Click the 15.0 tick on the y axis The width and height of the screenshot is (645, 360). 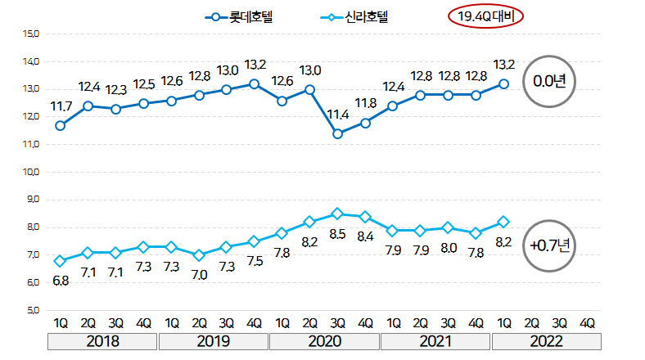pyautogui.click(x=32, y=34)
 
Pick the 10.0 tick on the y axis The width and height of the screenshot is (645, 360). pyautogui.click(x=32, y=172)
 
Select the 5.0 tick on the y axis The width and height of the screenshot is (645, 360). pyautogui.click(x=32, y=310)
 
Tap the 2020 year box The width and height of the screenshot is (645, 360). pyautogui.click(x=324, y=340)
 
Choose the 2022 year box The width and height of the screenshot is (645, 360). pyautogui.click(x=546, y=340)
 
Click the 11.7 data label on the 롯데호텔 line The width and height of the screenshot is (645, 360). pyautogui.click(x=61, y=106)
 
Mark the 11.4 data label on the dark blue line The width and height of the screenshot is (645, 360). pyautogui.click(x=337, y=115)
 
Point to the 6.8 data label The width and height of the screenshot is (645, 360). pyautogui.click(x=61, y=281)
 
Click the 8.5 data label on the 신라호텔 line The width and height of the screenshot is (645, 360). pyautogui.click(x=337, y=233)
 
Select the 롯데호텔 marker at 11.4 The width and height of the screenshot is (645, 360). pyautogui.click(x=337, y=133)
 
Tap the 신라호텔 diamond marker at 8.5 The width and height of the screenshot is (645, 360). pyautogui.click(x=337, y=214)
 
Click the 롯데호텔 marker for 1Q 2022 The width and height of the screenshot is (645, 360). pyautogui.click(x=504, y=83)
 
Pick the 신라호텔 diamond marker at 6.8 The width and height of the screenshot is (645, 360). pyautogui.click(x=61, y=261)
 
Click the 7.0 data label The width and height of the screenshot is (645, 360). pyautogui.click(x=199, y=275)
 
